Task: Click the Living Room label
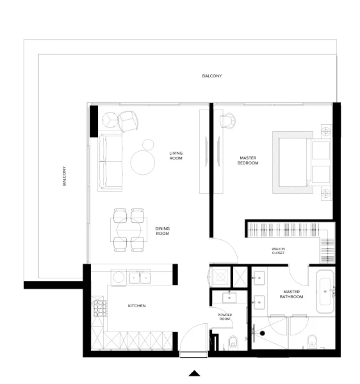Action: tap(176, 156)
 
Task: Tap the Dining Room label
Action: tap(162, 231)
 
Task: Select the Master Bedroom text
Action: tap(249, 161)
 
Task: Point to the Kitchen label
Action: tap(137, 306)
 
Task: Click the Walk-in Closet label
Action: tap(278, 251)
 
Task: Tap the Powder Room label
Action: tap(224, 317)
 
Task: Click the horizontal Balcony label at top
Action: tap(211, 76)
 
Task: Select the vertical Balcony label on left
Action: tap(65, 176)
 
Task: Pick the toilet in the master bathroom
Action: tap(311, 341)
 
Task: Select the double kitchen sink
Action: tap(140, 277)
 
